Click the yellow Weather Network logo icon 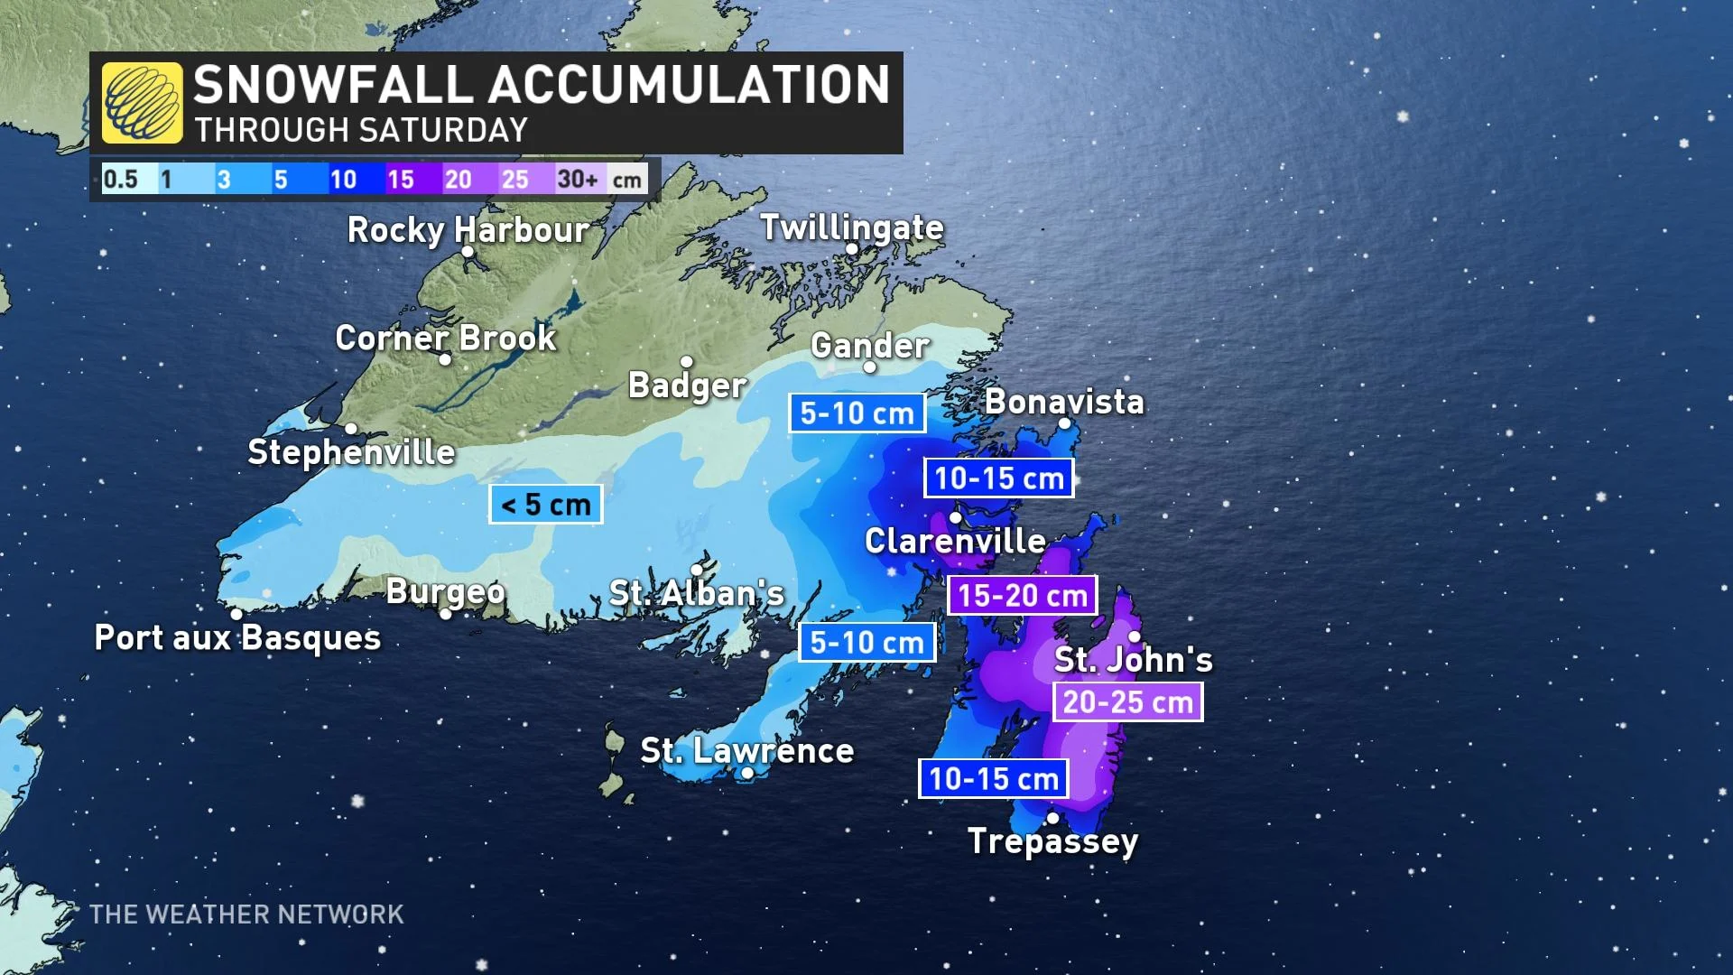(x=142, y=103)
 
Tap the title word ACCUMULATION (x=691, y=85)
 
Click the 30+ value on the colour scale (x=578, y=179)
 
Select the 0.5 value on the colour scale (x=121, y=179)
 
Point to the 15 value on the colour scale (x=400, y=179)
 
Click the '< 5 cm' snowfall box (x=545, y=505)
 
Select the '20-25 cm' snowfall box (x=1127, y=701)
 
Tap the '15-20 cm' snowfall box (x=1022, y=596)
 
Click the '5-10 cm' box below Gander (x=857, y=413)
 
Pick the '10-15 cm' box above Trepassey (x=993, y=778)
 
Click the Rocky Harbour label (x=468, y=229)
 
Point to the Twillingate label (x=851, y=227)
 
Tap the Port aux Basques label (x=237, y=637)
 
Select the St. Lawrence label (x=746, y=750)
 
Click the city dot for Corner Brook (x=445, y=359)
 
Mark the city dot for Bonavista (x=1064, y=423)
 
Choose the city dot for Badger (x=686, y=362)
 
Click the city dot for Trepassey (x=1052, y=819)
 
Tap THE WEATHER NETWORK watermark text (x=246, y=915)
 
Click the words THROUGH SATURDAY (x=361, y=130)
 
